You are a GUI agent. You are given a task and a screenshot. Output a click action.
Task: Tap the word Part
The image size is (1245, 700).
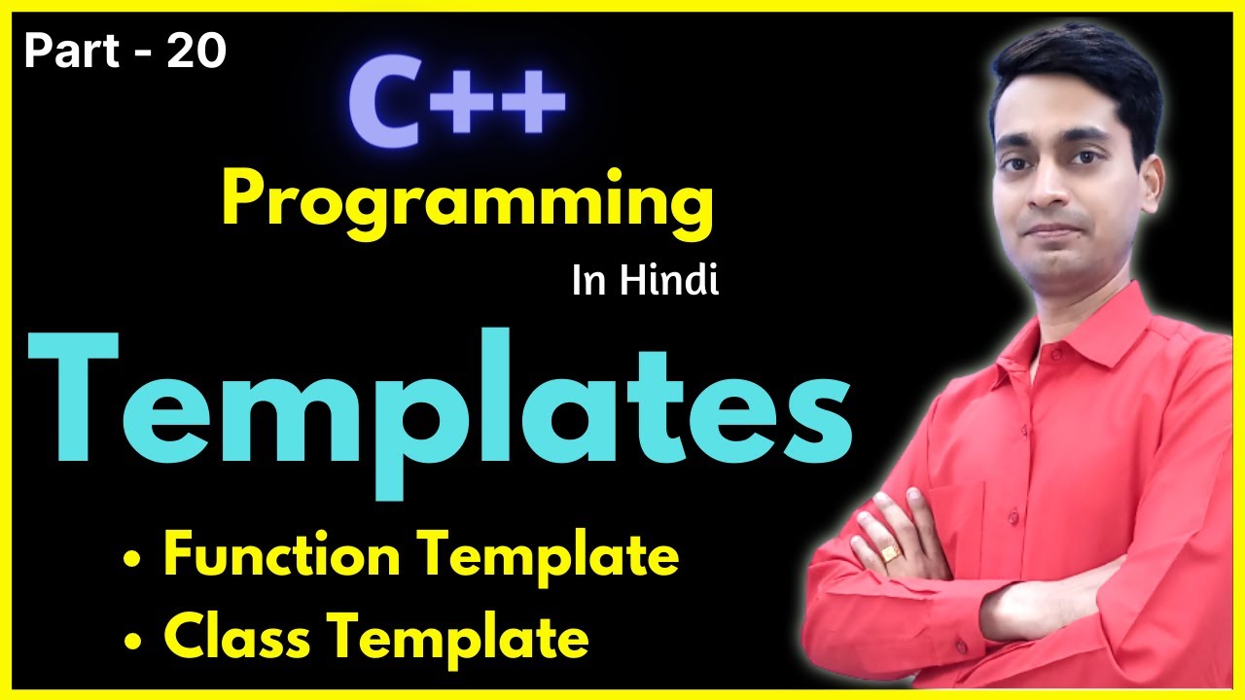[x=66, y=52]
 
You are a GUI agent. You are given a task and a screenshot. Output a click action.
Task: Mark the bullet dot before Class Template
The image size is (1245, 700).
[x=131, y=641]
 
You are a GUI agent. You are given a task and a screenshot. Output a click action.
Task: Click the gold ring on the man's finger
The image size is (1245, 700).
[x=891, y=553]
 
